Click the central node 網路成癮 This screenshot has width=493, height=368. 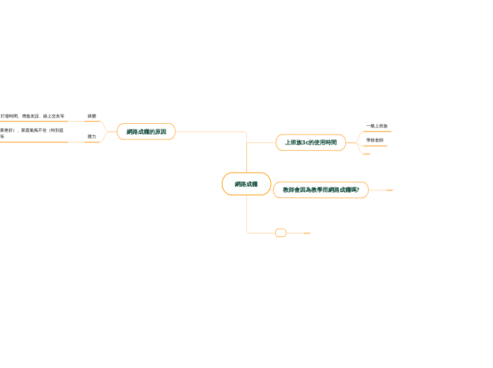[x=246, y=184]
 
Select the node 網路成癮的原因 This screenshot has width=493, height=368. [x=146, y=132]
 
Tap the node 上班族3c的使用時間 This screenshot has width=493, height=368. [x=311, y=142]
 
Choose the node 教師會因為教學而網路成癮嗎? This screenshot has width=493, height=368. [x=320, y=190]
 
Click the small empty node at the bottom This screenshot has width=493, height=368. [x=280, y=233]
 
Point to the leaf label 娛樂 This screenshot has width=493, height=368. [x=92, y=116]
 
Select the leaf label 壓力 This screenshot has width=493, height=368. [x=92, y=137]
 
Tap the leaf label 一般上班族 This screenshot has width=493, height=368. [x=376, y=126]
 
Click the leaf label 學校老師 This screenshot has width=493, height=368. [x=375, y=140]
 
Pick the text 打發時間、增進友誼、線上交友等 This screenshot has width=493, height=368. [x=33, y=116]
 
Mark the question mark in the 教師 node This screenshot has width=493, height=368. [x=358, y=190]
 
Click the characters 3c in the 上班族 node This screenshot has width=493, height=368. [x=304, y=142]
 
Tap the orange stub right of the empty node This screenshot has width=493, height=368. [x=307, y=233]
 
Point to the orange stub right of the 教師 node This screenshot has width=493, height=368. [x=389, y=190]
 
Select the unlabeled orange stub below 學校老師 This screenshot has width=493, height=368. [x=366, y=154]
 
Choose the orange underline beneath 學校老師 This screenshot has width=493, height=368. [x=375, y=146]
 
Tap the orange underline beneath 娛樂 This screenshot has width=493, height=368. [x=92, y=121]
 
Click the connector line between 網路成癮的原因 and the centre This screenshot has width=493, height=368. [x=212, y=132]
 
